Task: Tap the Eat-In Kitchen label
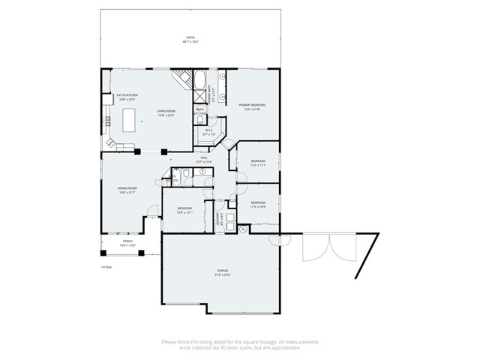point(126,97)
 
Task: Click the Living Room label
point(166,113)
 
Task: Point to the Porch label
point(127,244)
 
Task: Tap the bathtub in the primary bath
point(202,79)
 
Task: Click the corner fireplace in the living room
point(181,77)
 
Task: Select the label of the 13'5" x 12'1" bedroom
point(185,209)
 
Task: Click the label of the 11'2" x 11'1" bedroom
point(258,163)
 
